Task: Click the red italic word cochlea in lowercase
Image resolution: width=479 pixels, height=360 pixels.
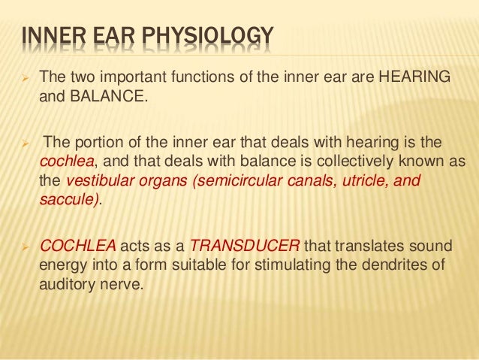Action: [63, 162]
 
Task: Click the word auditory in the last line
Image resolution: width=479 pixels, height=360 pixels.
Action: [64, 285]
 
